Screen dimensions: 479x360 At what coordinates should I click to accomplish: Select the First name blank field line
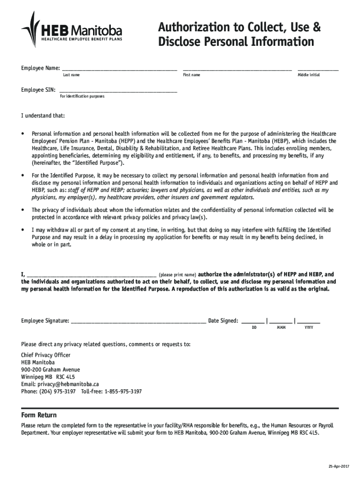[x=237, y=69]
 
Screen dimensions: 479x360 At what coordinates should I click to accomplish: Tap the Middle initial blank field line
[x=318, y=69]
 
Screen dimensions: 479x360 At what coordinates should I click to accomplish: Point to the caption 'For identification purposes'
[x=82, y=96]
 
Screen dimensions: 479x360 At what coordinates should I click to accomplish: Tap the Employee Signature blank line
[x=138, y=321]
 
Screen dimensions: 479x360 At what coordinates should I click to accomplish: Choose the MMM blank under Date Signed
[x=281, y=322]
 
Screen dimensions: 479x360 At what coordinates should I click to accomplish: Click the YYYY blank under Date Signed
[x=309, y=322]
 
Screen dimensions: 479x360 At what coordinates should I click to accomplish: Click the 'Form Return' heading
[x=39, y=415]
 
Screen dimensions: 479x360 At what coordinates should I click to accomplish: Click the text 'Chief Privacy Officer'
[x=46, y=355]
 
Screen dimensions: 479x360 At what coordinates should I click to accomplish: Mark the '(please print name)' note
[x=177, y=275]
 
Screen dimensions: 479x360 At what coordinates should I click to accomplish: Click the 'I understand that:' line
[x=43, y=116]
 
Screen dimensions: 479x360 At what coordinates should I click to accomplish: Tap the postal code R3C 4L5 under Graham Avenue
[x=65, y=377]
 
